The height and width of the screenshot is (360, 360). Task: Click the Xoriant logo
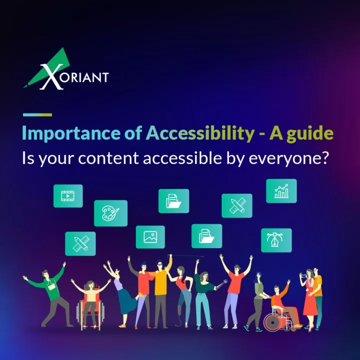[66, 69]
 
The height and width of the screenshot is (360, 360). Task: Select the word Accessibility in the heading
[200, 133]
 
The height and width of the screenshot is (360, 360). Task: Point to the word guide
[310, 133]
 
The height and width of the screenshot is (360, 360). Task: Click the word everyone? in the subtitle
[289, 158]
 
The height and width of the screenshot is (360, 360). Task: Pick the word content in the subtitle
[108, 158]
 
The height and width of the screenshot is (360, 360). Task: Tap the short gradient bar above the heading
[37, 115]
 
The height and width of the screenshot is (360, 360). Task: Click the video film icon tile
[68, 196]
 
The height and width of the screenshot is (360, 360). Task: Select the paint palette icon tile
[110, 213]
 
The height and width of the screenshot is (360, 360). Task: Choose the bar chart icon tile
[281, 191]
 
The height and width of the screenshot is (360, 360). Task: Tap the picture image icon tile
[150, 237]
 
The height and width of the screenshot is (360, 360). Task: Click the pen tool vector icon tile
[276, 240]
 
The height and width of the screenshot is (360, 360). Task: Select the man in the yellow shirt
[160, 291]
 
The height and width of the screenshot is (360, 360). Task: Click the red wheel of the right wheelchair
[272, 322]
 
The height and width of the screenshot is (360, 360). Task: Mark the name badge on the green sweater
[51, 286]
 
